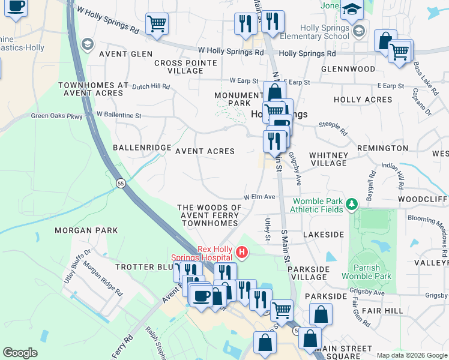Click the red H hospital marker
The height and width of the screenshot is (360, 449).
[242, 251]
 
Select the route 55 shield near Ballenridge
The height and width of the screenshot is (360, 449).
[121, 183]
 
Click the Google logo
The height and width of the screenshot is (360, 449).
[20, 353]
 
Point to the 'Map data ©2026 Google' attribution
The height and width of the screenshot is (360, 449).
[412, 355]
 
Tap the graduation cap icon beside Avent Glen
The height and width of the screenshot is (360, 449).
[88, 44]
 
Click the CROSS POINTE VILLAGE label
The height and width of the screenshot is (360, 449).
[179, 67]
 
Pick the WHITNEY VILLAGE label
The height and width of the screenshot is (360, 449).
[328, 159]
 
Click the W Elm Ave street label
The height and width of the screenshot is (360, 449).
[259, 197]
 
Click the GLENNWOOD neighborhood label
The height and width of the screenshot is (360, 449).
[348, 69]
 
